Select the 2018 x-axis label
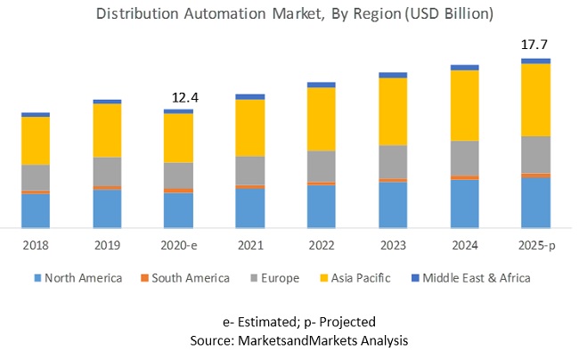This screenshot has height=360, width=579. (36, 244)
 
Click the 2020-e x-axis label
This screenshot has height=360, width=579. (178, 244)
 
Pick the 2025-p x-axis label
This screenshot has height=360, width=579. (535, 244)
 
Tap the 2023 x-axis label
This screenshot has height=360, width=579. (393, 244)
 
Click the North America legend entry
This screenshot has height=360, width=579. (83, 278)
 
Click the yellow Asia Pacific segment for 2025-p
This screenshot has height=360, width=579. (535, 100)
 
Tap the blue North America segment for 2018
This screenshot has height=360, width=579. (36, 210)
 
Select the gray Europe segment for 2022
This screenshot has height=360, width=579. (322, 166)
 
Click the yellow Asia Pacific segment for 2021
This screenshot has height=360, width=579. (250, 127)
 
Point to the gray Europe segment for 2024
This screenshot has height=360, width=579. (464, 158)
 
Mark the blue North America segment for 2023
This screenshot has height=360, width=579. (393, 204)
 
